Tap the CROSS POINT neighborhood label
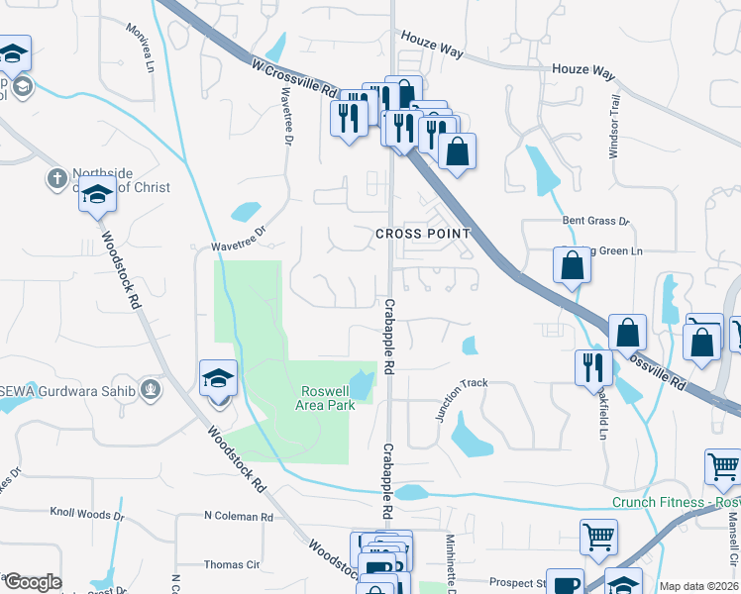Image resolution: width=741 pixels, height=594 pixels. (x=422, y=234)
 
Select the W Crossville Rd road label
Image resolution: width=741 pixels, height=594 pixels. (x=295, y=77)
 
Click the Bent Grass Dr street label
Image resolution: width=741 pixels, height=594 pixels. (x=596, y=221)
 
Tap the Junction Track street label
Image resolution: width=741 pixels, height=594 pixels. (x=462, y=399)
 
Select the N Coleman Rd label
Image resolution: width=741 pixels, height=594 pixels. (x=238, y=517)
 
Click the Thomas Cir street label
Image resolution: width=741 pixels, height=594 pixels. (x=231, y=565)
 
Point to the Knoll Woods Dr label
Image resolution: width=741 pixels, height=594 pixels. (x=87, y=514)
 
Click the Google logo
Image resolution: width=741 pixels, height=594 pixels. (x=32, y=582)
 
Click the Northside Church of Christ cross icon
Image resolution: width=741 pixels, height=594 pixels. (x=56, y=179)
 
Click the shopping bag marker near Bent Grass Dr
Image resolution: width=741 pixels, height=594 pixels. (x=573, y=266)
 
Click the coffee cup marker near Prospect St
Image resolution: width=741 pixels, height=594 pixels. (x=567, y=583)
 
